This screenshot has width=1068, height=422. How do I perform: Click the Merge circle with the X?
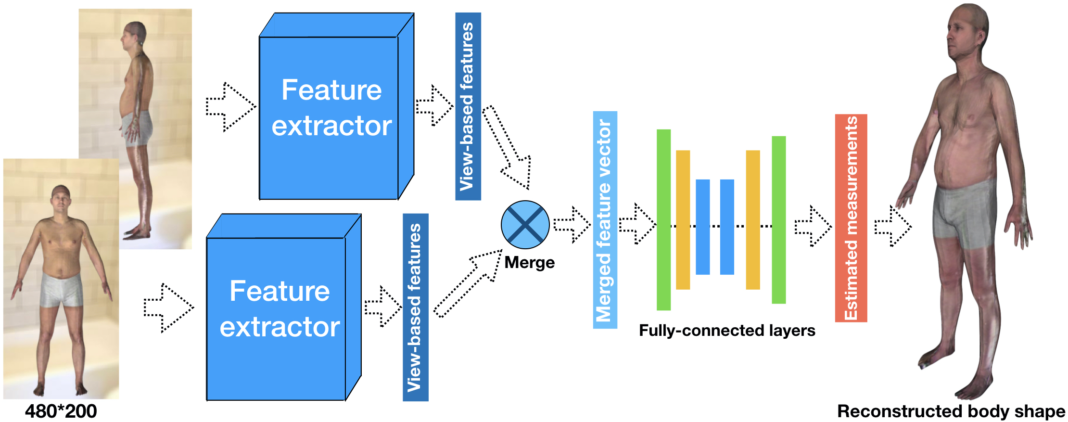(x=525, y=225)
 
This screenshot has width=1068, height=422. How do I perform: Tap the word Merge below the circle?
(x=529, y=263)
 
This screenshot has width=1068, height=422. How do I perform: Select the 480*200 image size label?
(x=61, y=411)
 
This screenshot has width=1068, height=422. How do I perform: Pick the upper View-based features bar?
(x=468, y=106)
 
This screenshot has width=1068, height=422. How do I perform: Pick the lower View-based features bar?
(x=415, y=307)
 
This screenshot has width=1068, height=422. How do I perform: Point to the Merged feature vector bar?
(x=605, y=220)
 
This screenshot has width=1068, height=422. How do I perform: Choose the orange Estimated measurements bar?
(x=851, y=218)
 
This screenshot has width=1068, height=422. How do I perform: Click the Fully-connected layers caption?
(x=726, y=331)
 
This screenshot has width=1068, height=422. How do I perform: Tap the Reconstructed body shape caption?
(x=951, y=411)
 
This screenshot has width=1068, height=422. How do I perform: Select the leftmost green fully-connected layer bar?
(x=663, y=219)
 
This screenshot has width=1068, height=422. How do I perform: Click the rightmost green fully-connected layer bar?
(x=778, y=219)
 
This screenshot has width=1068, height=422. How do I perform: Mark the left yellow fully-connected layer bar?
(x=683, y=219)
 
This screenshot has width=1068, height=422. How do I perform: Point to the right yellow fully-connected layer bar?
(x=752, y=219)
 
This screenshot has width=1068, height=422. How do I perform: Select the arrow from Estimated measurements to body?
(x=893, y=226)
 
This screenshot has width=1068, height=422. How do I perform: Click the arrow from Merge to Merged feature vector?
(x=572, y=225)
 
